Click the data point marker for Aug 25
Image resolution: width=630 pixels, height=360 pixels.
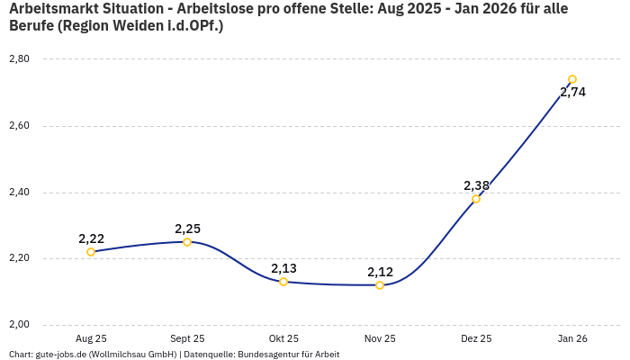pyautogui.click(x=91, y=252)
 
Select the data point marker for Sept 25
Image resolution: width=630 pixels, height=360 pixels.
pyautogui.click(x=187, y=242)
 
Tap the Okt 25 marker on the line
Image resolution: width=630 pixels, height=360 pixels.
pyautogui.click(x=283, y=282)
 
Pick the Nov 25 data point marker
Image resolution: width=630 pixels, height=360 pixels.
pyautogui.click(x=380, y=285)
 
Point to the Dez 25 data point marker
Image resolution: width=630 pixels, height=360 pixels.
pyautogui.click(x=476, y=199)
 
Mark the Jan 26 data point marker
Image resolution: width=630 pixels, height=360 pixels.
pyautogui.click(x=572, y=79)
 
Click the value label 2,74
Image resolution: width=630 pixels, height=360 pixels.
pyautogui.click(x=572, y=92)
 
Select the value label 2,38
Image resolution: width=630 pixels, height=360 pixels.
pyautogui.click(x=476, y=185)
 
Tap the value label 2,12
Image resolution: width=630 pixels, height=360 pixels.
pyautogui.click(x=380, y=272)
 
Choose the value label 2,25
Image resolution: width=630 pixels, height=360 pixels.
pyautogui.click(x=187, y=229)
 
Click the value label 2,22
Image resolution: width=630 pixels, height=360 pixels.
pyautogui.click(x=91, y=238)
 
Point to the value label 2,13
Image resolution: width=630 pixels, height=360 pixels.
pyautogui.click(x=283, y=268)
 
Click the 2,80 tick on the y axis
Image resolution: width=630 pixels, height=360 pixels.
pyautogui.click(x=19, y=59)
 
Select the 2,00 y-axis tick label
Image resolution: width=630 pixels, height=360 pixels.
pyautogui.click(x=19, y=325)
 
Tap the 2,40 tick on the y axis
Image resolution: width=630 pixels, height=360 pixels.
pyautogui.click(x=19, y=193)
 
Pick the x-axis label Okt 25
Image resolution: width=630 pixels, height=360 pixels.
pyautogui.click(x=283, y=338)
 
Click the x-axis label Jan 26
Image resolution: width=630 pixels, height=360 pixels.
pyautogui.click(x=572, y=338)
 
